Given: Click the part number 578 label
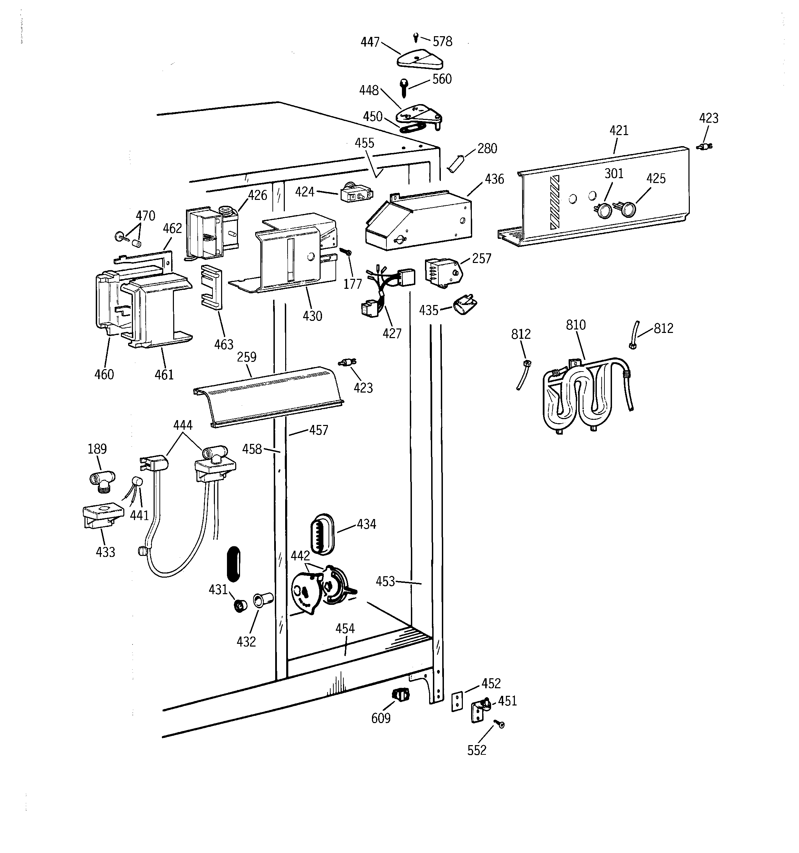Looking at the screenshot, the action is point(442,42).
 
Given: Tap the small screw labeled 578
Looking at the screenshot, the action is point(416,38).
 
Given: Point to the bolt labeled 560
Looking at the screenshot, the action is point(403,88).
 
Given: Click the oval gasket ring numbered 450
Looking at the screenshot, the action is point(412,128).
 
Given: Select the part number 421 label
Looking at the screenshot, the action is point(619,130).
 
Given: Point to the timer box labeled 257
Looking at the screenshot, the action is point(444,271).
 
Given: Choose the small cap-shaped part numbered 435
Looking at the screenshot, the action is point(465,305).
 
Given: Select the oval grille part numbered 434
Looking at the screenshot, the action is point(322,532).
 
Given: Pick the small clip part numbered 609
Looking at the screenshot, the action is point(401,694).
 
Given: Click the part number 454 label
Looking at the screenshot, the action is point(345,629).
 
